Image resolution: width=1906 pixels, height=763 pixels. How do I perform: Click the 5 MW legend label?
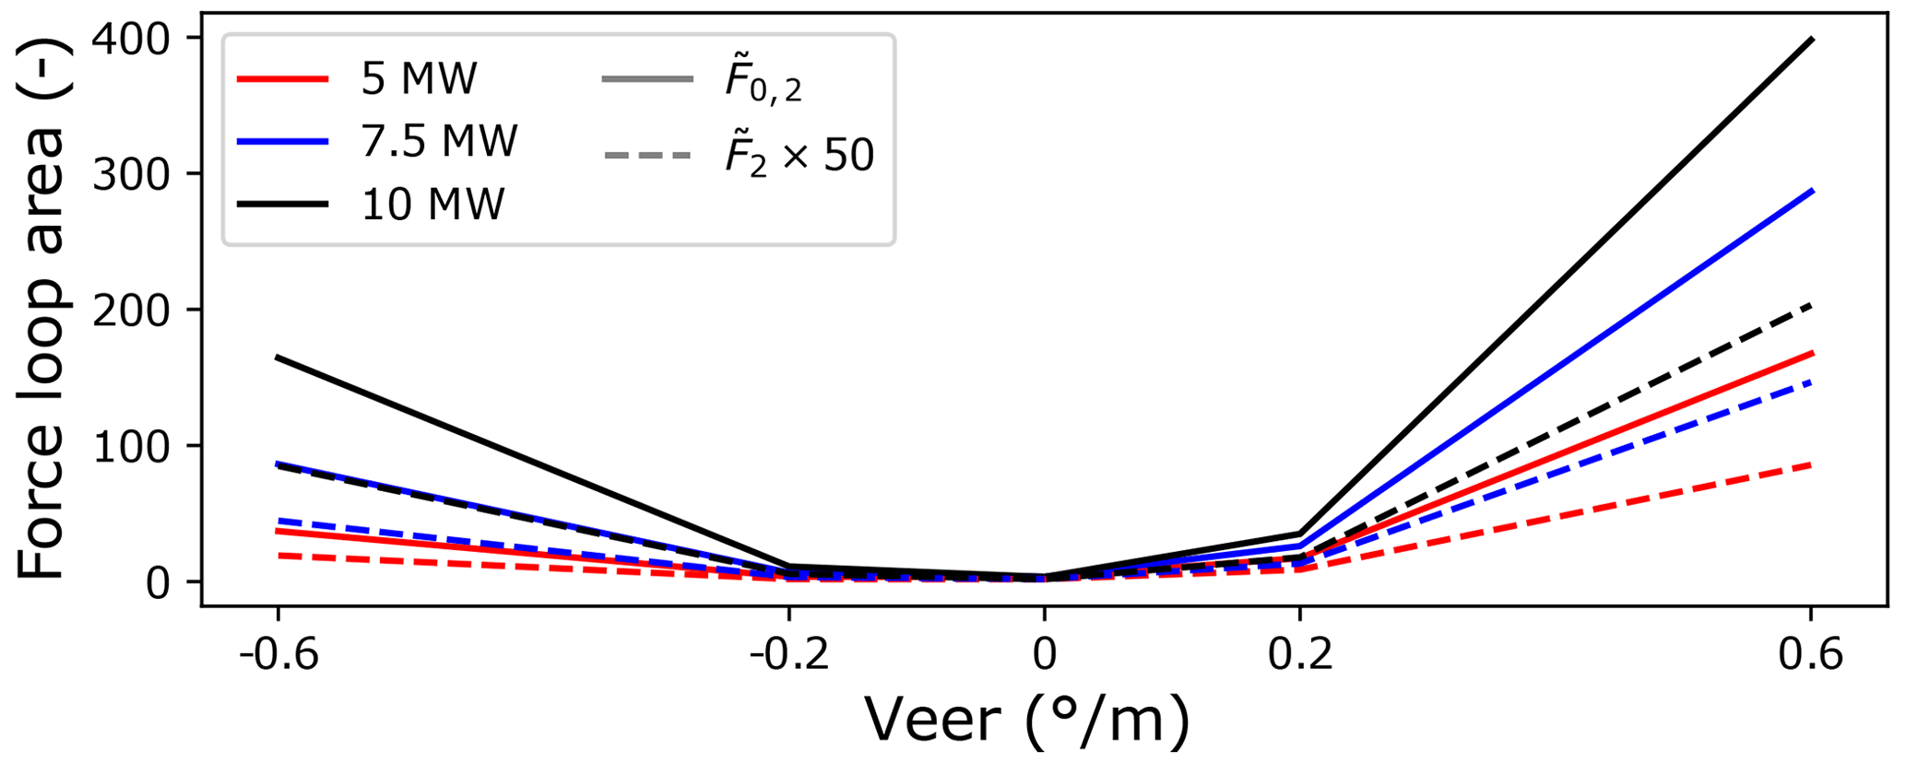coord(419,80)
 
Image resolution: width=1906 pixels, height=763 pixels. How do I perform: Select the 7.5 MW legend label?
coord(439,142)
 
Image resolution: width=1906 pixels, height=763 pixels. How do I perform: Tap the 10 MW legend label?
coord(432,204)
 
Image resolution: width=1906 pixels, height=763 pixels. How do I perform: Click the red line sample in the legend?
coord(282,80)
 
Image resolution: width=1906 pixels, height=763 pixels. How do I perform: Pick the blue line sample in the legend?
coord(282,142)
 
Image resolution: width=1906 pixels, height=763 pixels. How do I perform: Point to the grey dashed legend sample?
coord(646,155)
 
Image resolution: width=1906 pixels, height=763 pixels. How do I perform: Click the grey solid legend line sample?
coord(646,80)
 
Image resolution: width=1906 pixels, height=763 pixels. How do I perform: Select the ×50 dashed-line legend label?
coord(799,155)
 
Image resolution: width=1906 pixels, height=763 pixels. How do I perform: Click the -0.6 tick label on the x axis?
coord(278,654)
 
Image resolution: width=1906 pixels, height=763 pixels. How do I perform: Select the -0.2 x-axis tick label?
coord(788,654)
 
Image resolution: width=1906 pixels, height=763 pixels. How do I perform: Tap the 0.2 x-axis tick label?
coord(1299,654)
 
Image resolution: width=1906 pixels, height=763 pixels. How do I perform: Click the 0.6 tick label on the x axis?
coord(1811,654)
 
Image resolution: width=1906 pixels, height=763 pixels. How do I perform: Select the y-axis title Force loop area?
coord(41,352)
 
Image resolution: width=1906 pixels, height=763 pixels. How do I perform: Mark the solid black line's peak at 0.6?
coord(1812,39)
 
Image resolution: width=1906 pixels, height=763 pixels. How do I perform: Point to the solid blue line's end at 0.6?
coord(1812,191)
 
